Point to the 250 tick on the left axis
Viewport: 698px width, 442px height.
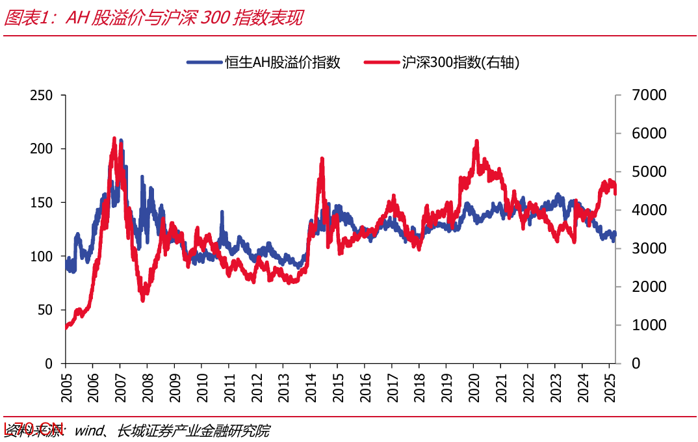[42, 95]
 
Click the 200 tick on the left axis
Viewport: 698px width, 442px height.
[42, 149]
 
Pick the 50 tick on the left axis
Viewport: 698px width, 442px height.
[45, 310]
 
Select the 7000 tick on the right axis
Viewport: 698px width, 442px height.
[649, 95]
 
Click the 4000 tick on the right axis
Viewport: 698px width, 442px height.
[649, 210]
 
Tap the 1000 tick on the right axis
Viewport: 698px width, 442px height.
[649, 325]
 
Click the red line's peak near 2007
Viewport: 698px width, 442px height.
[114, 138]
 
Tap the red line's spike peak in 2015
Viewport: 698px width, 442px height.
[322, 159]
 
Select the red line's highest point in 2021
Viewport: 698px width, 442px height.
[477, 141]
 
